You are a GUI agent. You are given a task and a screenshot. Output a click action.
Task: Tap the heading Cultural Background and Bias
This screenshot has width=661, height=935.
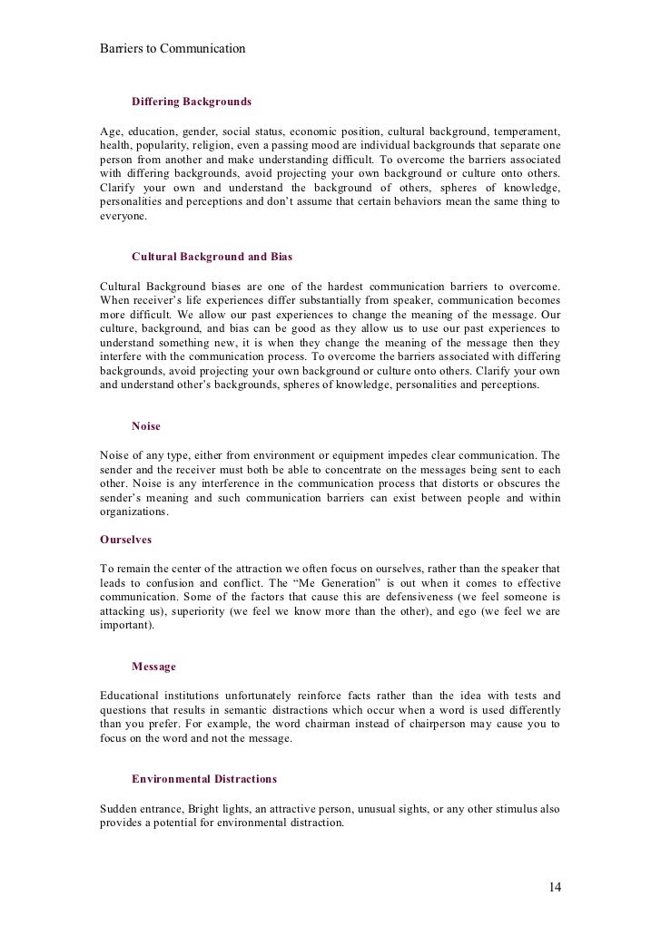tap(212, 258)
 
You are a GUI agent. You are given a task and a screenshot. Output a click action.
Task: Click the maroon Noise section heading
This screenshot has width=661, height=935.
tap(145, 425)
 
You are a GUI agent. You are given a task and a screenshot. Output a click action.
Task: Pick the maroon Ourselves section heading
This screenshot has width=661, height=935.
tap(125, 539)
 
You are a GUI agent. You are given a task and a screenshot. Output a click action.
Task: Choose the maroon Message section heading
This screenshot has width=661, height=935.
tap(153, 667)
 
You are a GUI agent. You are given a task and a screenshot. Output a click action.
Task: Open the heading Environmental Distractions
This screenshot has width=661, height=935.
tap(204, 779)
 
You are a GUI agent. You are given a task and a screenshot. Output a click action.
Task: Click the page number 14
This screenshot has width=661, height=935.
tap(555, 886)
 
